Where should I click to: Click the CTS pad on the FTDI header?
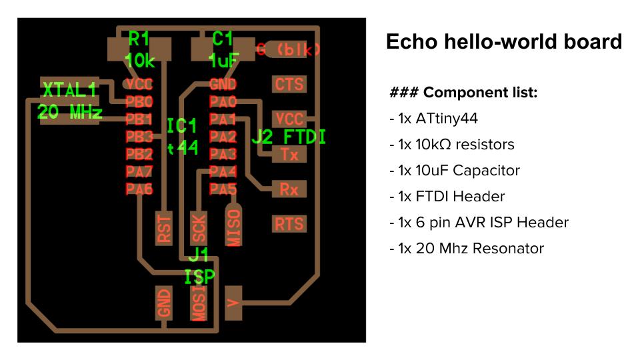pyautogui.click(x=289, y=84)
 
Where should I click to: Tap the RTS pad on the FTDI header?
pyautogui.click(x=289, y=223)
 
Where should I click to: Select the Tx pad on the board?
pyautogui.click(x=289, y=154)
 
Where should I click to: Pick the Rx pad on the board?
pyautogui.click(x=289, y=189)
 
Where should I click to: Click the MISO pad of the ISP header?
pyautogui.click(x=233, y=227)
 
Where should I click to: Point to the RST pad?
pyautogui.click(x=164, y=227)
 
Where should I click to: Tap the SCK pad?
pyautogui.click(x=199, y=227)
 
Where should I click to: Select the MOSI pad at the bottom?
pyautogui.click(x=199, y=303)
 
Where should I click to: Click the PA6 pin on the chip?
pyautogui.click(x=139, y=189)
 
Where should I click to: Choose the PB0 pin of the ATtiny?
pyautogui.click(x=139, y=102)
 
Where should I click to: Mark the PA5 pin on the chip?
pyautogui.click(x=223, y=189)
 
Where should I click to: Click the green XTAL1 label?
pyautogui.click(x=69, y=89)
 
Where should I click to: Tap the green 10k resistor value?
pyautogui.click(x=140, y=61)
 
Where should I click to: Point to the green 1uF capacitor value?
pyautogui.click(x=223, y=61)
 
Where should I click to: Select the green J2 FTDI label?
pyautogui.click(x=289, y=137)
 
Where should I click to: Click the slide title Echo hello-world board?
pyautogui.click(x=503, y=42)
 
